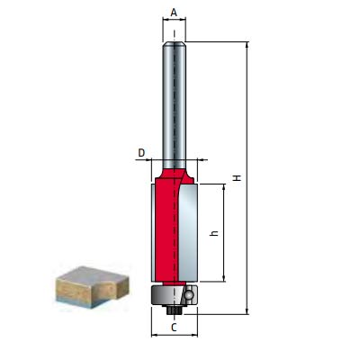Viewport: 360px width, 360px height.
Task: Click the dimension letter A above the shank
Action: (174, 13)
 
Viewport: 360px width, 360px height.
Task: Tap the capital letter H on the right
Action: (236, 178)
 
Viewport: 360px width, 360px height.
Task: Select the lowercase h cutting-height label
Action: (214, 233)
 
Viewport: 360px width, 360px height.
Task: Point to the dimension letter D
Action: (141, 154)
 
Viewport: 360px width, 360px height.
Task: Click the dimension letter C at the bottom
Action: (174, 328)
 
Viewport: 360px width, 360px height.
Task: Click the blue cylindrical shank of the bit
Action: (174, 99)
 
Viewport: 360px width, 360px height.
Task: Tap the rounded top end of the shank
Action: (174, 44)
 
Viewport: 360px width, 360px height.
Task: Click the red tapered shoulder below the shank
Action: (174, 170)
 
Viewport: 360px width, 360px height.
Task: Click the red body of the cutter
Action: (166, 229)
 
